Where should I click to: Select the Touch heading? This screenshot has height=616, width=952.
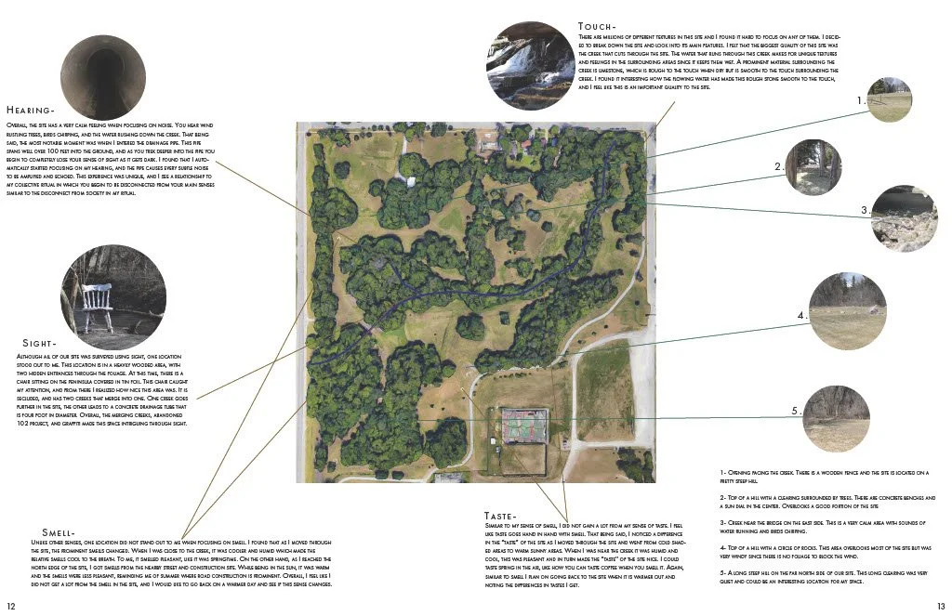pos(597,26)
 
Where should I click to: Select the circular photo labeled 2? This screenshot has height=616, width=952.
pos(813,166)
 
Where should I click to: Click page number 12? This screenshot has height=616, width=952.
pos(12,605)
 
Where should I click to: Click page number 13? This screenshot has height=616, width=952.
pos(940,605)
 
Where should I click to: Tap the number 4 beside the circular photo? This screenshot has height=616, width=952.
pos(800,316)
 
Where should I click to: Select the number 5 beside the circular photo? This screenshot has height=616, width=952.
pos(795,411)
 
